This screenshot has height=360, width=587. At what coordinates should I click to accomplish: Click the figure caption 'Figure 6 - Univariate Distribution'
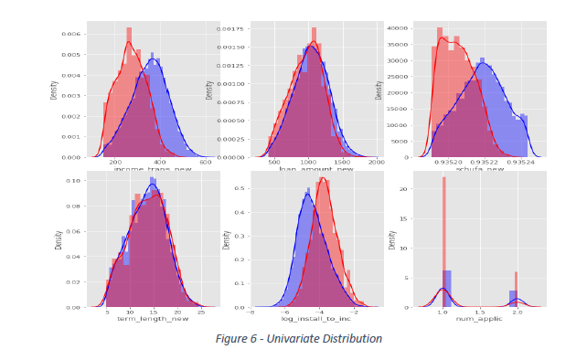[298, 339]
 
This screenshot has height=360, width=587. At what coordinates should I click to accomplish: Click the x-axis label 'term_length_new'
[153, 319]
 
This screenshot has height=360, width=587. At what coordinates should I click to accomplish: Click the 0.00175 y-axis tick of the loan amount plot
[232, 29]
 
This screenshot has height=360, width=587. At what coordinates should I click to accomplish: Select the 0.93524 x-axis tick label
[518, 162]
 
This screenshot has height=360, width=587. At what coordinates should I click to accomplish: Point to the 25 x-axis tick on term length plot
[201, 312]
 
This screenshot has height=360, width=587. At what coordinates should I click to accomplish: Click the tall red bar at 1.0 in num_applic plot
[443, 242]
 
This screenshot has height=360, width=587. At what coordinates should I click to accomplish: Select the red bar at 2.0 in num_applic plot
[516, 289]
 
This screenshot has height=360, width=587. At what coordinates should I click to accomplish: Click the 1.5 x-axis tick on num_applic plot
[480, 312]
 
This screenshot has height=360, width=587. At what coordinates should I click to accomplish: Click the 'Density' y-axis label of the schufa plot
[379, 90]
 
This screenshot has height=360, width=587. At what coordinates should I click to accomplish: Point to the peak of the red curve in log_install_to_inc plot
[323, 178]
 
